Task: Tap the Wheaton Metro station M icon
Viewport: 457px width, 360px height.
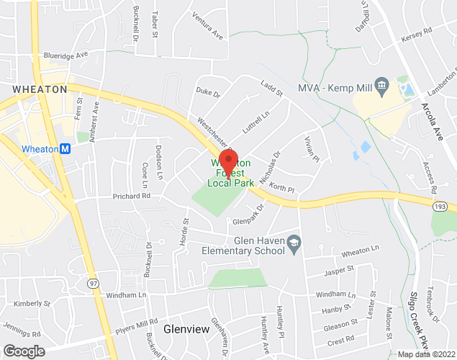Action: pos(65,149)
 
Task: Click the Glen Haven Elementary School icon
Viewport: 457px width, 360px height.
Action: pos(294,246)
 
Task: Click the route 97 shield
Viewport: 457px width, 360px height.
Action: pos(93,284)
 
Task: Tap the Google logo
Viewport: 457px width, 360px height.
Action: pos(23,351)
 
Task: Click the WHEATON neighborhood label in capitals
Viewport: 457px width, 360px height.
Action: pos(40,89)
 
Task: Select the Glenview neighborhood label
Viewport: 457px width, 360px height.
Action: pos(186,329)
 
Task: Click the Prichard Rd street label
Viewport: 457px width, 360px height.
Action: pos(131,196)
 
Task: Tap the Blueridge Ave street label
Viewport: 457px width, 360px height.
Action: pos(65,54)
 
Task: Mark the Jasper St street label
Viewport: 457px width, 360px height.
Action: pos(340,269)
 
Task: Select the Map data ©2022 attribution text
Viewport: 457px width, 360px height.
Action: pos(426,354)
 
